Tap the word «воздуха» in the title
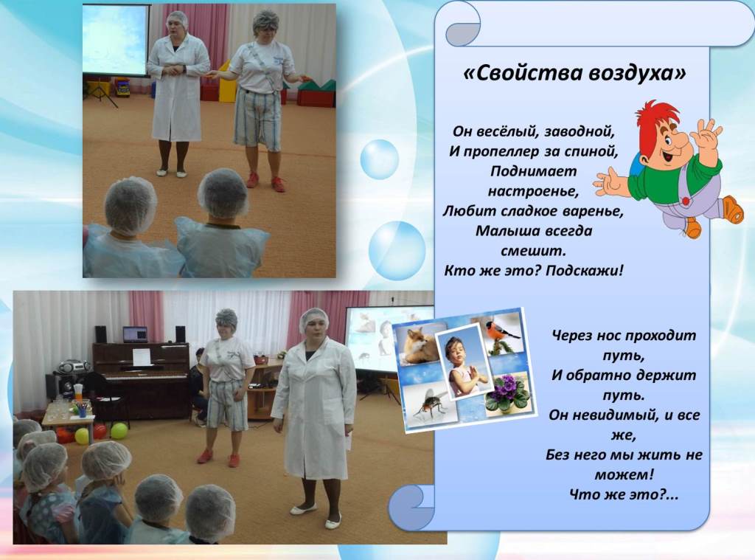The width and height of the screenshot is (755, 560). (633, 74)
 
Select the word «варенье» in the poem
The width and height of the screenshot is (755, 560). (595, 211)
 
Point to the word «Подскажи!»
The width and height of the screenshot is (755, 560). (585, 271)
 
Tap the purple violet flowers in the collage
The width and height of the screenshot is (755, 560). (509, 393)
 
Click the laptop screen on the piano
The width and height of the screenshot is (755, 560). (135, 333)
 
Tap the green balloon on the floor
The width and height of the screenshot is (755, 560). (119, 430)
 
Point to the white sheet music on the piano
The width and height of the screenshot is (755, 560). (142, 356)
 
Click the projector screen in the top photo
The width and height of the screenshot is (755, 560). (114, 40)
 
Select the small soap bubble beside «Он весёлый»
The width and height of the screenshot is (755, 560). (379, 159)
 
